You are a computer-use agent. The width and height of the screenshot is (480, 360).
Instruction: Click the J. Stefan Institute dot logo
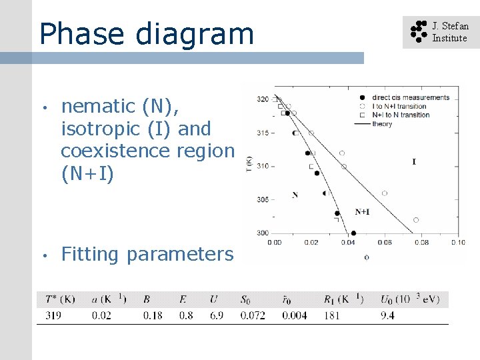(x=418, y=31)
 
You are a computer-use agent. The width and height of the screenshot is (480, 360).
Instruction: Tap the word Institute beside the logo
(x=449, y=38)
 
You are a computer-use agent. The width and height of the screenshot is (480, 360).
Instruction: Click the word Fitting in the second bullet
(x=90, y=254)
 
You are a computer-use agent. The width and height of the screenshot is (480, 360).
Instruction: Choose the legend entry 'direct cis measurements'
(x=410, y=97)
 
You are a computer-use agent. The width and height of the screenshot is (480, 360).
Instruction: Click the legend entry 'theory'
(x=382, y=124)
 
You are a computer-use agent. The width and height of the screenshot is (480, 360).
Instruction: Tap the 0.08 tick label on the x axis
(x=421, y=242)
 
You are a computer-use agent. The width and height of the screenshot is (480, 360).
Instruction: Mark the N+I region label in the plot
(x=362, y=212)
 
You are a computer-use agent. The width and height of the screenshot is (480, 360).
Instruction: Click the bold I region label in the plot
(x=414, y=161)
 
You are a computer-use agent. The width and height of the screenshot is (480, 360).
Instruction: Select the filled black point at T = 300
(x=353, y=233)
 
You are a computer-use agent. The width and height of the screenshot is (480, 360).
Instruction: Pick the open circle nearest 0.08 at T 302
(x=416, y=219)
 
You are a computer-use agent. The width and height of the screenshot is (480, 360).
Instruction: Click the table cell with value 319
(x=53, y=315)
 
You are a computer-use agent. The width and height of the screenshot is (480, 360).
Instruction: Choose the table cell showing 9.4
(x=387, y=315)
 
